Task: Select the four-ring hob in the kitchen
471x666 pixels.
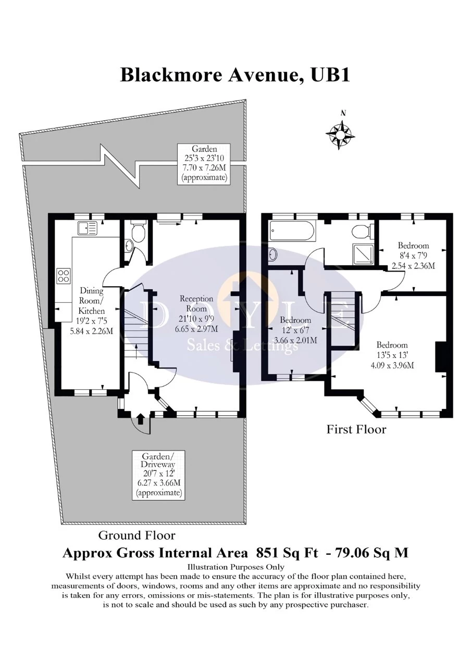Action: (64, 275)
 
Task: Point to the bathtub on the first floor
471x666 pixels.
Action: (292, 231)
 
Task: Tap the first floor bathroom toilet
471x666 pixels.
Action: (361, 231)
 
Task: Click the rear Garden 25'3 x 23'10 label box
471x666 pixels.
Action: (204, 163)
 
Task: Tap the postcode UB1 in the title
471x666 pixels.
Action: (329, 74)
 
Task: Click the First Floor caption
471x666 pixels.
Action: (356, 429)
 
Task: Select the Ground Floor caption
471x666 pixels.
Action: (137, 535)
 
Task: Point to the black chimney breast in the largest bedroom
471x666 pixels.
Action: (441, 356)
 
